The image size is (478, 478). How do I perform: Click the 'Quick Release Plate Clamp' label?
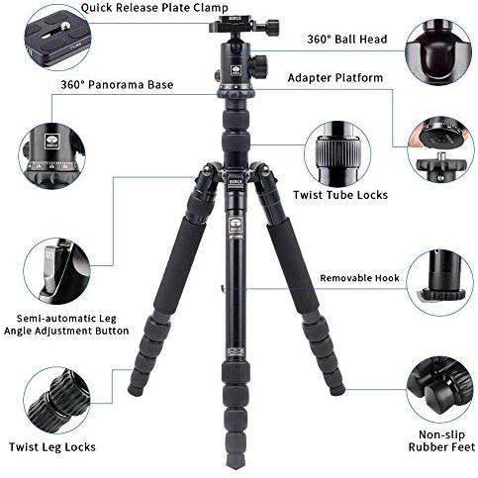[x=154, y=8]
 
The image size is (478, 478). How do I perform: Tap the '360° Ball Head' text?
[x=347, y=40]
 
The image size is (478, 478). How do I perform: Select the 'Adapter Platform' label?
[x=335, y=78]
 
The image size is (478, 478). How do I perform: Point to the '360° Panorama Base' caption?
[x=117, y=85]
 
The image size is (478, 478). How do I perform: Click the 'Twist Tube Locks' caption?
[x=340, y=195]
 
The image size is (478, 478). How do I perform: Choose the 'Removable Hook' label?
[x=359, y=278]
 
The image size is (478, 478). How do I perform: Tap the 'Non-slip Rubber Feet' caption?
[x=441, y=440]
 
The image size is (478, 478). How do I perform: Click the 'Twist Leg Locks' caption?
[x=52, y=447]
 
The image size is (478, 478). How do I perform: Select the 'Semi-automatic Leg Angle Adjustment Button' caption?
[x=66, y=325]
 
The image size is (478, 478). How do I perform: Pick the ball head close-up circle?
[x=438, y=52]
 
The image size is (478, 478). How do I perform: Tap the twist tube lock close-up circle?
[x=337, y=154]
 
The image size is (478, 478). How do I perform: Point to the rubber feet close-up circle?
[x=439, y=389]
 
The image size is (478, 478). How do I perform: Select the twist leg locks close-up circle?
[x=56, y=400]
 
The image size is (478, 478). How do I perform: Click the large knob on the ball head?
[x=257, y=65]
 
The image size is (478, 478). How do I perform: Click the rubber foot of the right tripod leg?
[x=337, y=391]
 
